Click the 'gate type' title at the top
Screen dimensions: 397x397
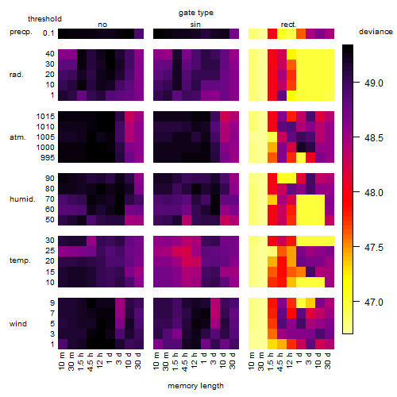[x=196, y=13]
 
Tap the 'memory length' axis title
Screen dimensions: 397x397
[x=195, y=386]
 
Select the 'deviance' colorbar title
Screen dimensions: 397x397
[x=376, y=32]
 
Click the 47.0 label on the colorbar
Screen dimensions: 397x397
[x=373, y=302]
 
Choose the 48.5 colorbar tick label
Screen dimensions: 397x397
[x=373, y=137]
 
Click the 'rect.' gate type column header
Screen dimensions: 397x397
[x=288, y=25]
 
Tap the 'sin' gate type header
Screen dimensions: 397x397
[x=195, y=25]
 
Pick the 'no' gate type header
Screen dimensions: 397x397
[x=102, y=25]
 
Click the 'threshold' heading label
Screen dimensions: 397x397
[x=44, y=19]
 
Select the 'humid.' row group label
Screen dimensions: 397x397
[x=22, y=198]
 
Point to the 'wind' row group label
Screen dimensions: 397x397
[x=18, y=323]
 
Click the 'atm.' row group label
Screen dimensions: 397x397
[x=17, y=137]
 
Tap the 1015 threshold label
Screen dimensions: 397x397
[x=45, y=116]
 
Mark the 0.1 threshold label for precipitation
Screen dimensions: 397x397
[x=48, y=33]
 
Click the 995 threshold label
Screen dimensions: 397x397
[x=48, y=158]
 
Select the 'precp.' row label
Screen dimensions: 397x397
[x=21, y=32]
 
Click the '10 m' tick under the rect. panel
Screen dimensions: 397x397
[x=252, y=360]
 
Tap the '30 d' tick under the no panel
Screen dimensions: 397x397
[x=137, y=360]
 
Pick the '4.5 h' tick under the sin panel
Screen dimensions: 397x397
[x=185, y=362]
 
